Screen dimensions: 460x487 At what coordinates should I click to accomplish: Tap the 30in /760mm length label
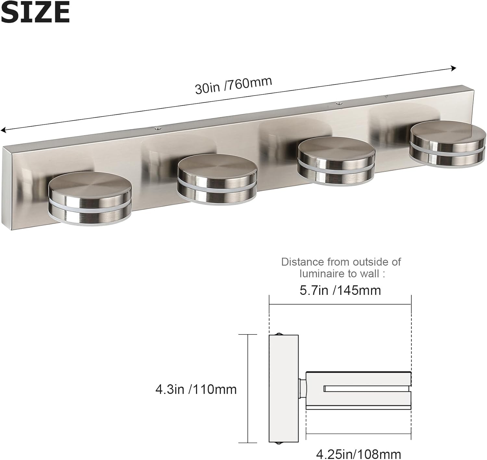click(x=233, y=85)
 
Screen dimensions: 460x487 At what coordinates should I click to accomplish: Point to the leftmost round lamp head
click(x=90, y=199)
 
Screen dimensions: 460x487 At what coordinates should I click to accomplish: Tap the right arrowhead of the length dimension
click(x=454, y=68)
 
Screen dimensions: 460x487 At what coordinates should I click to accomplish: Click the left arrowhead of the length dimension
click(x=3, y=130)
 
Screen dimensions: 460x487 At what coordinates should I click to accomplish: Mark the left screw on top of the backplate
click(x=158, y=128)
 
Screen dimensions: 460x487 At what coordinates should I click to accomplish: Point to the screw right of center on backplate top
click(x=339, y=103)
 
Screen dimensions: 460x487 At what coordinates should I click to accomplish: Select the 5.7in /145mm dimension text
click(x=340, y=290)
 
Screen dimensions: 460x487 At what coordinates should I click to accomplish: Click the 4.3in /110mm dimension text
click(x=196, y=389)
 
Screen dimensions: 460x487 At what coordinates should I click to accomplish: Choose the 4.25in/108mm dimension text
click(x=358, y=454)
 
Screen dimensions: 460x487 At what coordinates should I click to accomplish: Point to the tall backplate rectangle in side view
click(x=283, y=388)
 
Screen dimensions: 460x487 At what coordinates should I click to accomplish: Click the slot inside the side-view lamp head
click(x=367, y=388)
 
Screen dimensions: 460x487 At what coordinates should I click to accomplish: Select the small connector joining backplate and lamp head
click(x=302, y=388)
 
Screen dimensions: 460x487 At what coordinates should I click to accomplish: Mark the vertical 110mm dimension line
click(x=248, y=388)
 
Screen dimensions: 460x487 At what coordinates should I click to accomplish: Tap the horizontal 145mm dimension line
click(x=340, y=305)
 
